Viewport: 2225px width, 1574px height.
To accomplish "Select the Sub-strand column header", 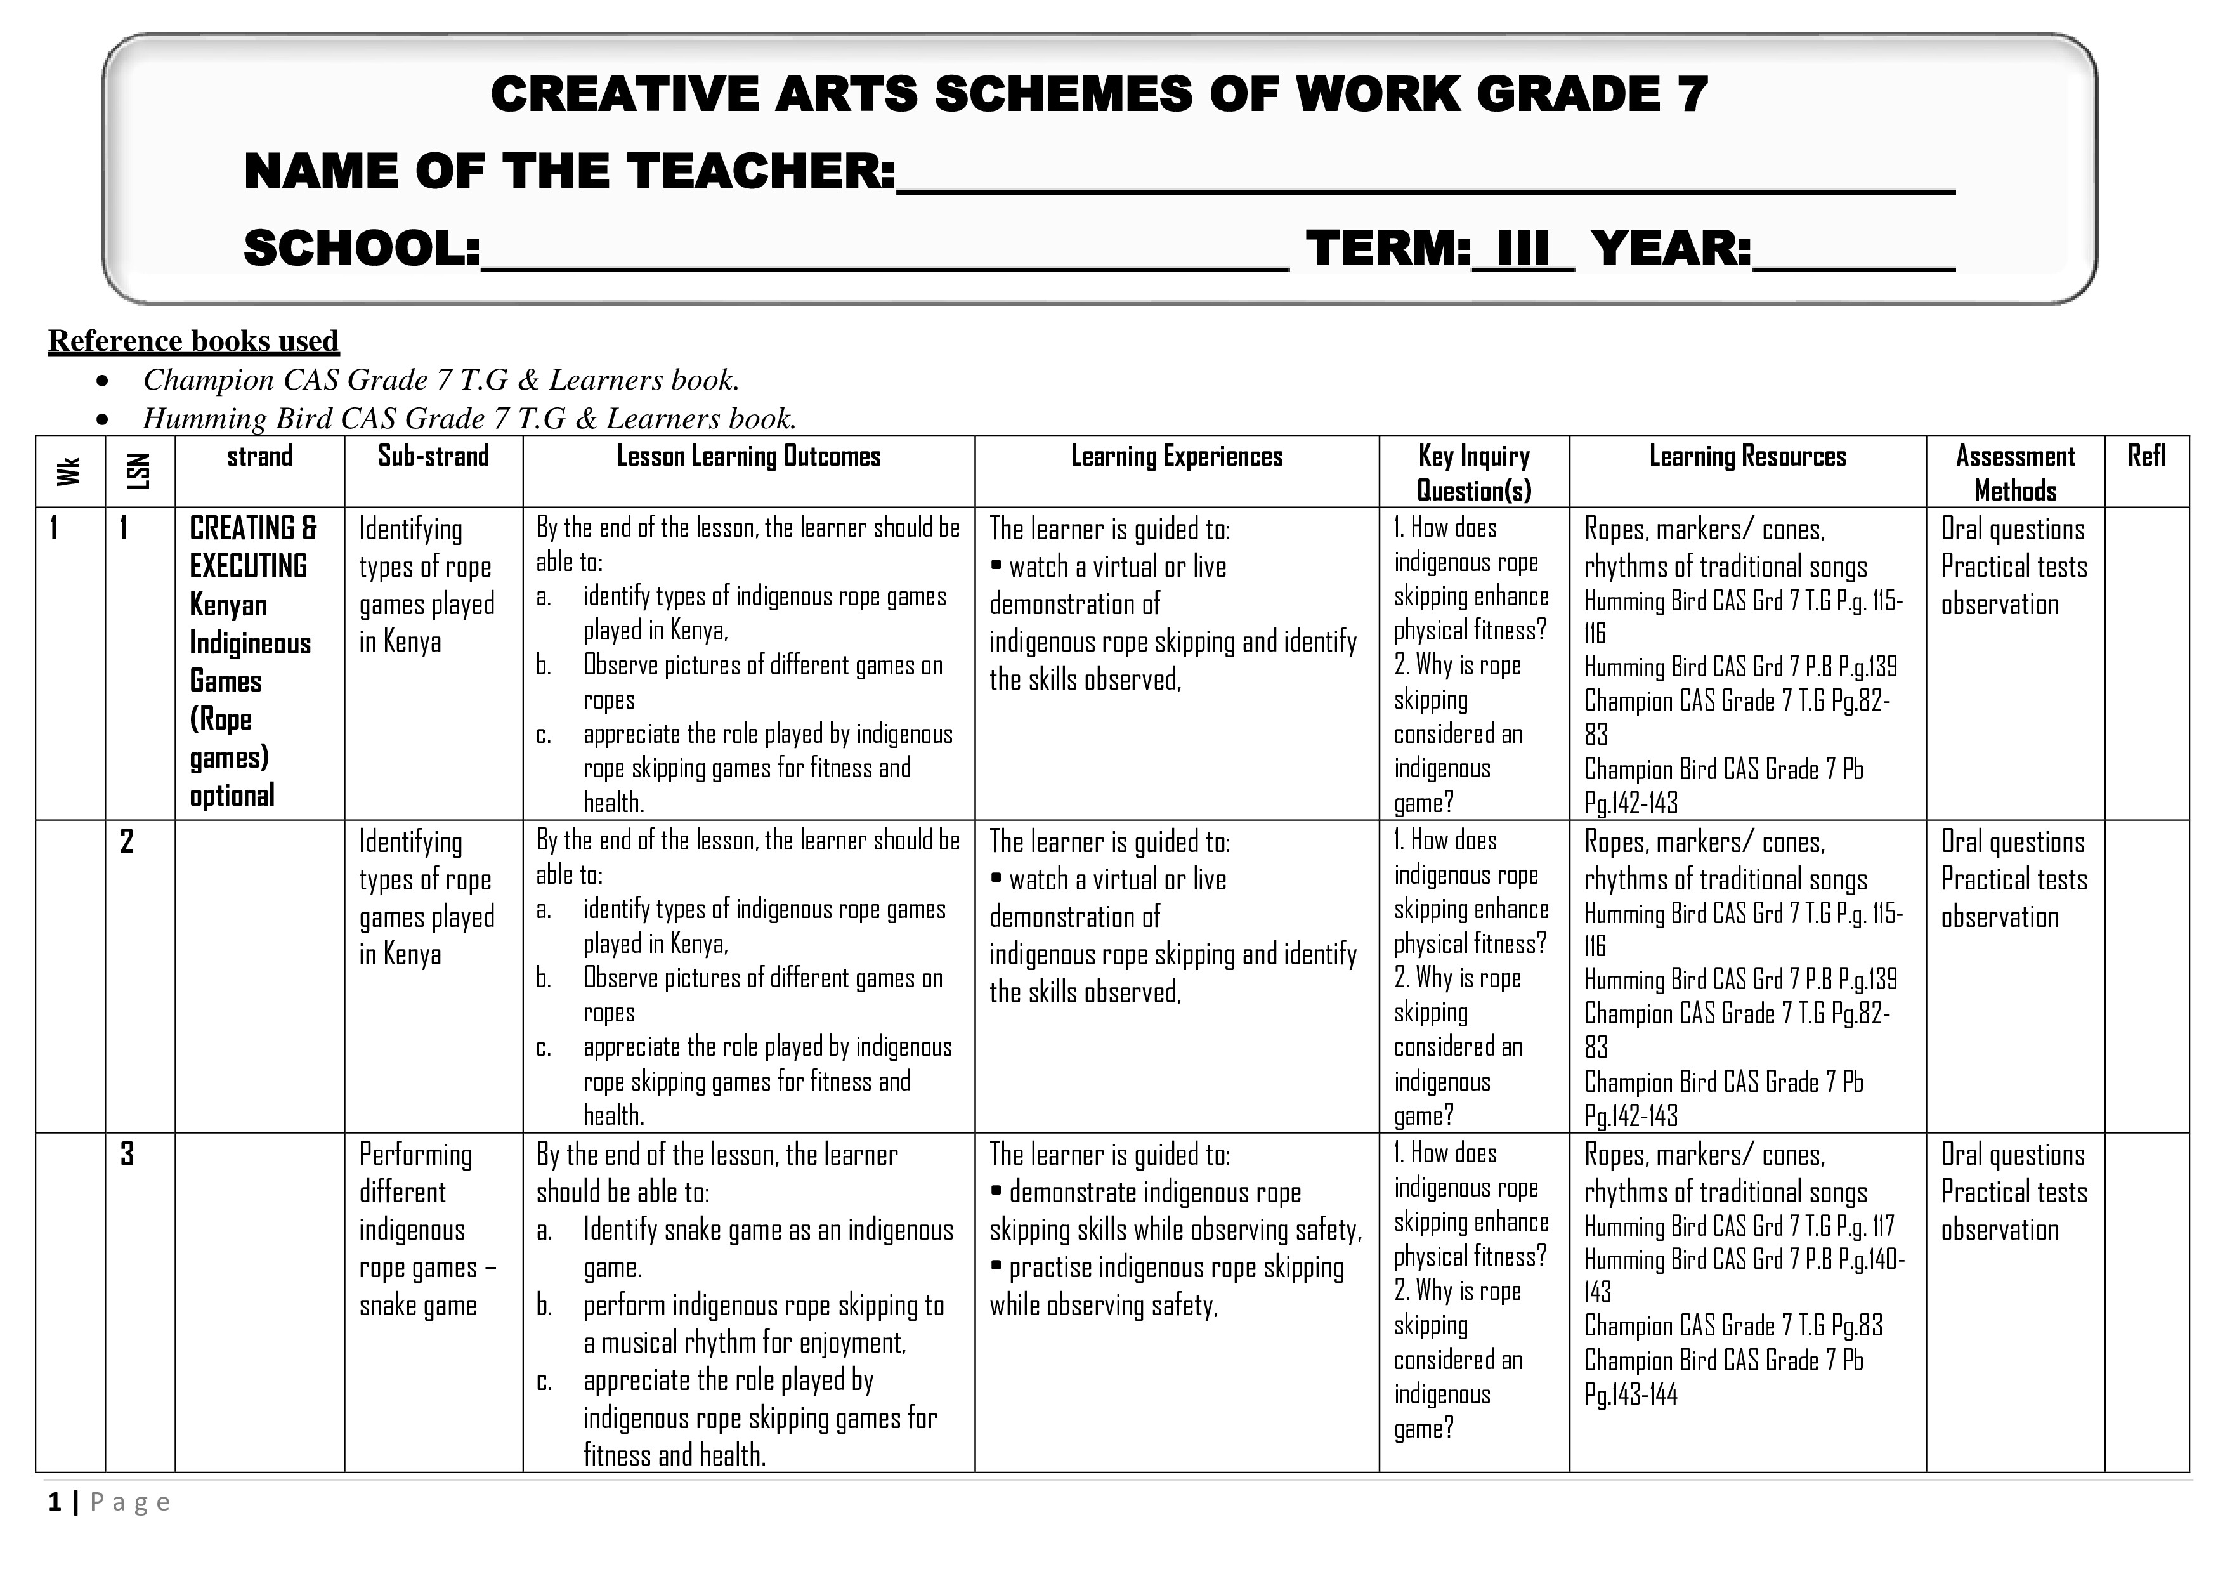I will pyautogui.click(x=433, y=457).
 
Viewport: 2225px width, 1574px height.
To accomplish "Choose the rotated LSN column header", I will pyautogui.click(x=140, y=472).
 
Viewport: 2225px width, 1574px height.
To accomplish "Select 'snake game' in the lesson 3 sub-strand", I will pyautogui.click(x=418, y=1306).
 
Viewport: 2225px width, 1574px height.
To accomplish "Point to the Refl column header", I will pyautogui.click(x=2146, y=457).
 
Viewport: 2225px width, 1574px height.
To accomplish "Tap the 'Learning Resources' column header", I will pyautogui.click(x=1747, y=457).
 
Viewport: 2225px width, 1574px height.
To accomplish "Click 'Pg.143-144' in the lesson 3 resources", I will pyautogui.click(x=1630, y=1394).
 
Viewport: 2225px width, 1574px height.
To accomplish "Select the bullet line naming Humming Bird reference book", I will pyautogui.click(x=469, y=419).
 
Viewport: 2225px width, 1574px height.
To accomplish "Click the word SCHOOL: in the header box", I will pyautogui.click(x=362, y=249).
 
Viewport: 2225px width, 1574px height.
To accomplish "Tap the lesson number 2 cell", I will pyautogui.click(x=127, y=841).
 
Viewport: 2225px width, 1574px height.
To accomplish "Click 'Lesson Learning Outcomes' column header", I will pyautogui.click(x=748, y=457).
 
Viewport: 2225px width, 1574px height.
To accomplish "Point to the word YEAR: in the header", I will pyautogui.click(x=1671, y=249).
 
